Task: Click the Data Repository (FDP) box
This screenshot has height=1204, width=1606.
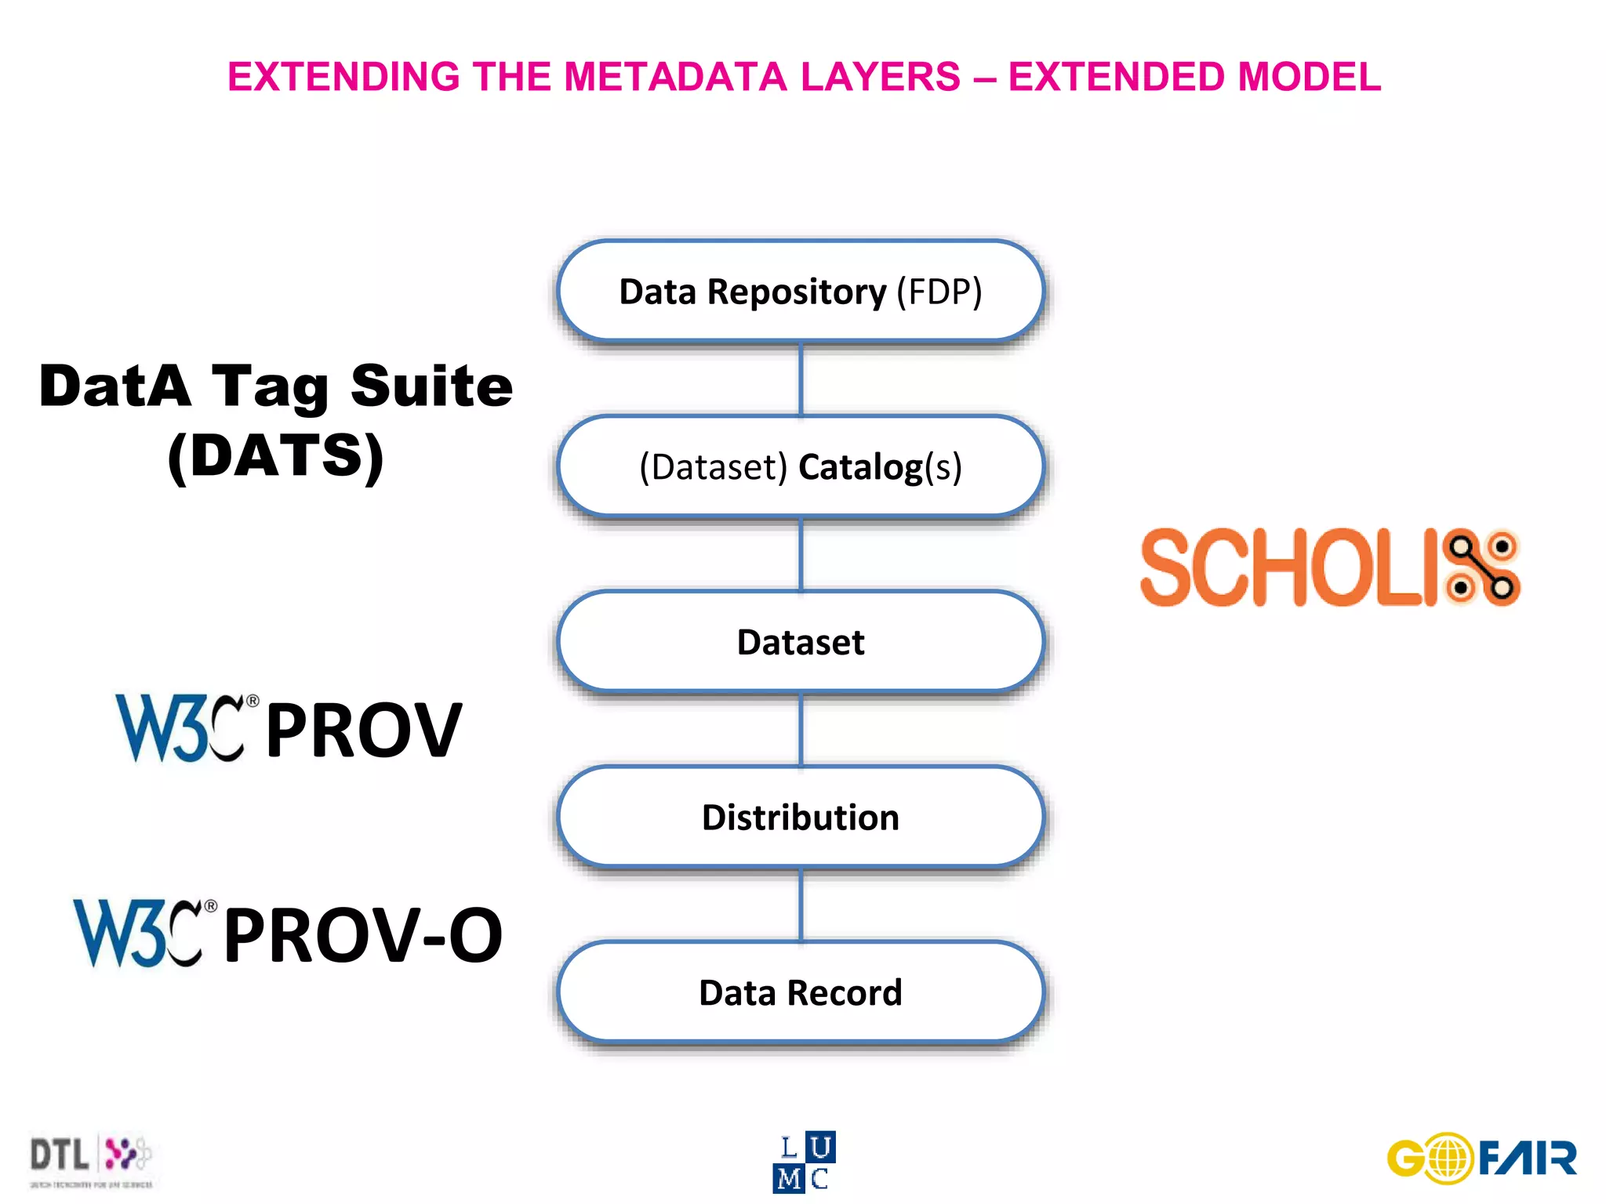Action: click(x=800, y=291)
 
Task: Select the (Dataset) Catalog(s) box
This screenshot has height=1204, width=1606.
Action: click(x=800, y=466)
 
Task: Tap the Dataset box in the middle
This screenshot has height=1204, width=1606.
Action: click(x=800, y=642)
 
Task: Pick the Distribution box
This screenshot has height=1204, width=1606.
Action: click(x=800, y=818)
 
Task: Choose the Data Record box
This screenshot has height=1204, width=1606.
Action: click(x=800, y=992)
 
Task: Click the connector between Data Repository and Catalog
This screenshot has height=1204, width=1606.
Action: click(x=801, y=379)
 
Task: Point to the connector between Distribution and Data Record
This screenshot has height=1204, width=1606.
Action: click(x=801, y=905)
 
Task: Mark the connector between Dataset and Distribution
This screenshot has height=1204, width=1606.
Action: click(x=801, y=729)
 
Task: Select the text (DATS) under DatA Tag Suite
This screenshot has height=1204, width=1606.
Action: click(x=275, y=455)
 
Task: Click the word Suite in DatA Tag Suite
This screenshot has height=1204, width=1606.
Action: click(x=431, y=386)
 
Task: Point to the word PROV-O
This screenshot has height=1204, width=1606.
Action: click(x=362, y=934)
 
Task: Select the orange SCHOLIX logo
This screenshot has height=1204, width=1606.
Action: click(x=1328, y=567)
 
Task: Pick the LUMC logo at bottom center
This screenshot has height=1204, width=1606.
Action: click(x=804, y=1162)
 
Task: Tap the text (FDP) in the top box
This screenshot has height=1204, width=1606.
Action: click(x=939, y=292)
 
